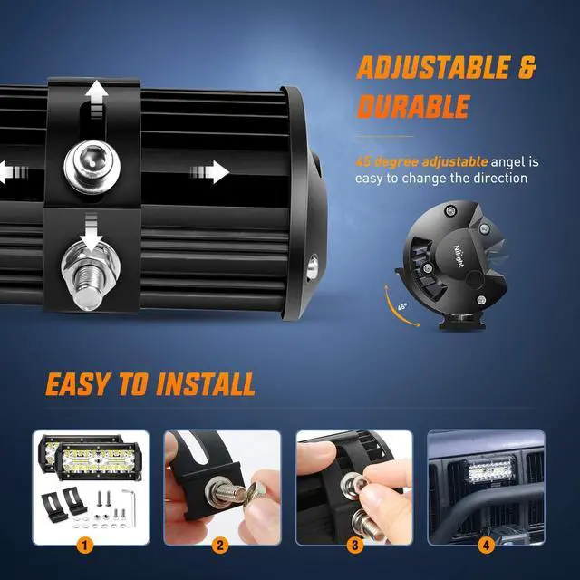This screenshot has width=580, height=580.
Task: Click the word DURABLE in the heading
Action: pyautogui.click(x=413, y=107)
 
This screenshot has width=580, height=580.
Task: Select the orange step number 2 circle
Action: pyautogui.click(x=220, y=546)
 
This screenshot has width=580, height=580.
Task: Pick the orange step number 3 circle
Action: pyautogui.click(x=354, y=546)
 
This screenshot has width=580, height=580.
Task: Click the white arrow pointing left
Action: pyautogui.click(x=7, y=169)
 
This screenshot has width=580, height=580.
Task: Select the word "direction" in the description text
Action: pyautogui.click(x=497, y=179)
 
